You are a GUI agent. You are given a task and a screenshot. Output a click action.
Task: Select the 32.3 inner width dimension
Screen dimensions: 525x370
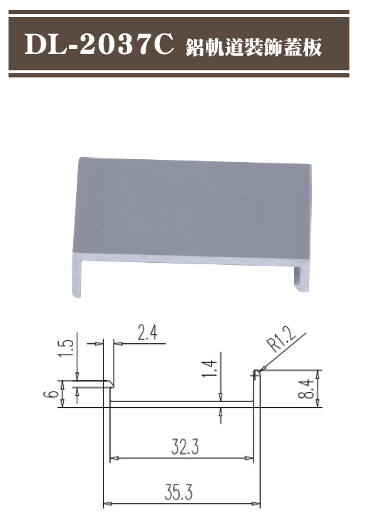coord(184,447)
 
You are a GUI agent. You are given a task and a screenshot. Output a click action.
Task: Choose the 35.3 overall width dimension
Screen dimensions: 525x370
coord(182,492)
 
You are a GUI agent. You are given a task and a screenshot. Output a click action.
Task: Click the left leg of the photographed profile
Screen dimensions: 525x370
coord(76,277)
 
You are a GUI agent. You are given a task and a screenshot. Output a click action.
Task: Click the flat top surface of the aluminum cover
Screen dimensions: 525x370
coord(192,206)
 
